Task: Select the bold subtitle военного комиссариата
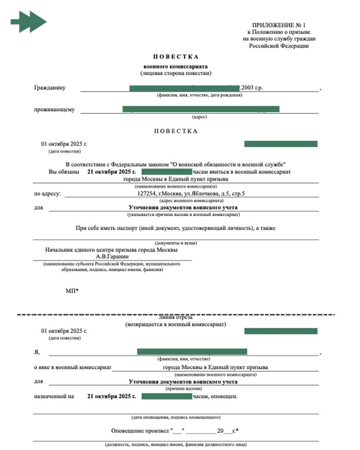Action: pyautogui.click(x=175, y=66)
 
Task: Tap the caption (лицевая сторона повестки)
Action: pyautogui.click(x=175, y=73)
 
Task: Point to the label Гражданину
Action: pyautogui.click(x=50, y=88)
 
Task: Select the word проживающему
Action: pyautogui.click(x=54, y=110)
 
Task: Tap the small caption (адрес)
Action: pyautogui.click(x=199, y=117)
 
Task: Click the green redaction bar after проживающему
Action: pyautogui.click(x=201, y=109)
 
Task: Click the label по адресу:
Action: pyautogui.click(x=47, y=194)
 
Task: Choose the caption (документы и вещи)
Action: pyautogui.click(x=175, y=243)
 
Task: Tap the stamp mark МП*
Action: pyautogui.click(x=72, y=291)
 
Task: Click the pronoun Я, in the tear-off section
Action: pyautogui.click(x=37, y=352)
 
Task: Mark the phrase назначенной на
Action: pyautogui.click(x=54, y=396)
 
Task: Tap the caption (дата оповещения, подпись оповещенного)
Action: pyautogui.click(x=175, y=417)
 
